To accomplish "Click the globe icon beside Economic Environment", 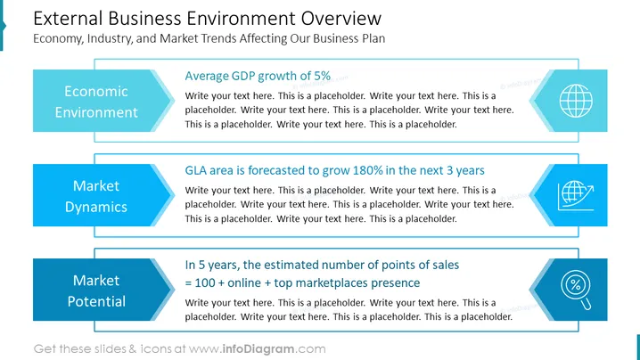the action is [576, 101].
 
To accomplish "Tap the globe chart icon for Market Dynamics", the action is [576, 195].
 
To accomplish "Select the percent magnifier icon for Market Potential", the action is [576, 290].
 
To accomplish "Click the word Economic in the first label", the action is [96, 91].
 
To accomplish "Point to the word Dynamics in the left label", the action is [96, 207].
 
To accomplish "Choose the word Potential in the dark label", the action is [96, 301].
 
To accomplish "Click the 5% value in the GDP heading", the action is [322, 76].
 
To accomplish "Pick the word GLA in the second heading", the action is [194, 170].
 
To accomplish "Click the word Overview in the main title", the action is [341, 19].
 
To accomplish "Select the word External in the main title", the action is [68, 19].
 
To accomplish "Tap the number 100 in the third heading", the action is [205, 282].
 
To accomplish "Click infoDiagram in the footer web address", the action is [258, 349].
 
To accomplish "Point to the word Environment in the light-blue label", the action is [96, 112].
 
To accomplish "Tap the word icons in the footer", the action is [156, 349].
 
